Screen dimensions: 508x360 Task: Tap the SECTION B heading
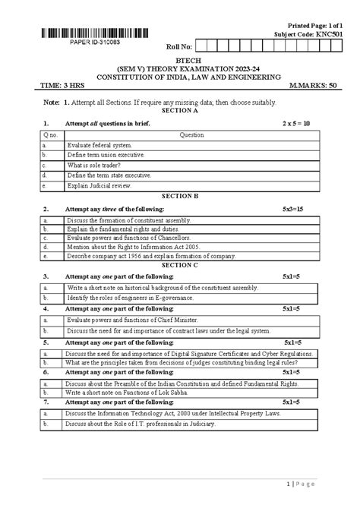(180, 195)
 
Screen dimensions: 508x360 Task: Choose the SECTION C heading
(180, 265)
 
